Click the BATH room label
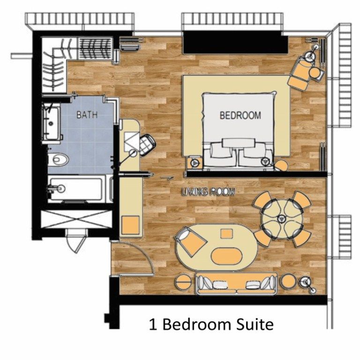(87, 114)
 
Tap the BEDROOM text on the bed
(240, 115)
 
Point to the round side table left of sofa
(182, 282)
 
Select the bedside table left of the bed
(195, 162)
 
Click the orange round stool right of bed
(282, 165)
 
